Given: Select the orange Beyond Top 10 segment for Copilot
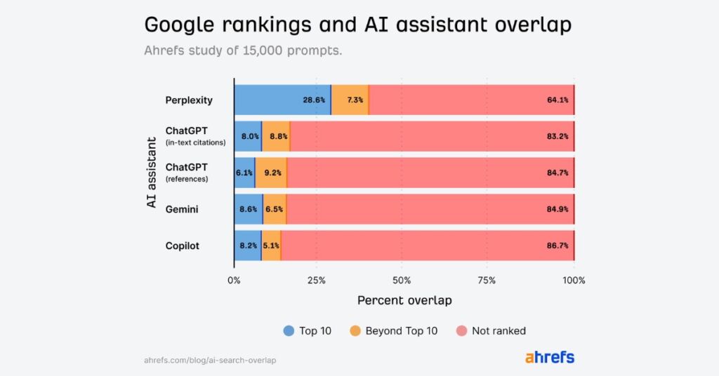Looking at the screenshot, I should (271, 246).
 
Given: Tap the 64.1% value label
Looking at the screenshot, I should (557, 100).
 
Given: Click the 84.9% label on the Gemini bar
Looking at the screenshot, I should (557, 209).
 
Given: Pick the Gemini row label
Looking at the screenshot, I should (183, 209).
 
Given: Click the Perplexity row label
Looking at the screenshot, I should (189, 100).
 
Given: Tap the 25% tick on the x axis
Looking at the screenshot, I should (317, 280).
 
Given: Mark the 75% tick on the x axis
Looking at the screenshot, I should (487, 280).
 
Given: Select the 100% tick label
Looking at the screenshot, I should (574, 280).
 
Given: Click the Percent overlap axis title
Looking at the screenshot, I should (404, 300).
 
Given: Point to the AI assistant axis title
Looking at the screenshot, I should (151, 173).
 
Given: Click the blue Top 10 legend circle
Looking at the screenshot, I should (289, 330).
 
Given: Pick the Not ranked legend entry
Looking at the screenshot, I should (492, 330).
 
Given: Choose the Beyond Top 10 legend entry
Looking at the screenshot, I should (394, 330).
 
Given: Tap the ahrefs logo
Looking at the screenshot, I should (549, 357).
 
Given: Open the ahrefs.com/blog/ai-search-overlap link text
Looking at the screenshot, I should (210, 360).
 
